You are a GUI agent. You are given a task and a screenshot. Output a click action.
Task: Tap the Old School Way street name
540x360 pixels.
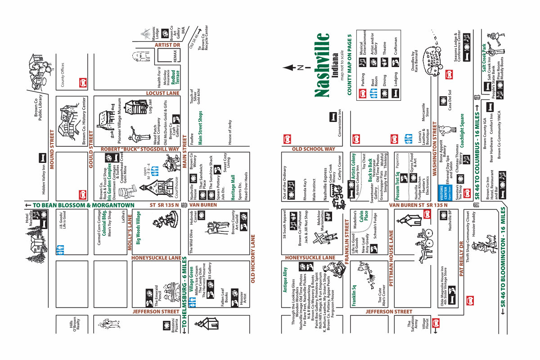click(x=314, y=149)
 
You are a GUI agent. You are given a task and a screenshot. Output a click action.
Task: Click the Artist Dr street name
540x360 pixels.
click(x=167, y=45)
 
